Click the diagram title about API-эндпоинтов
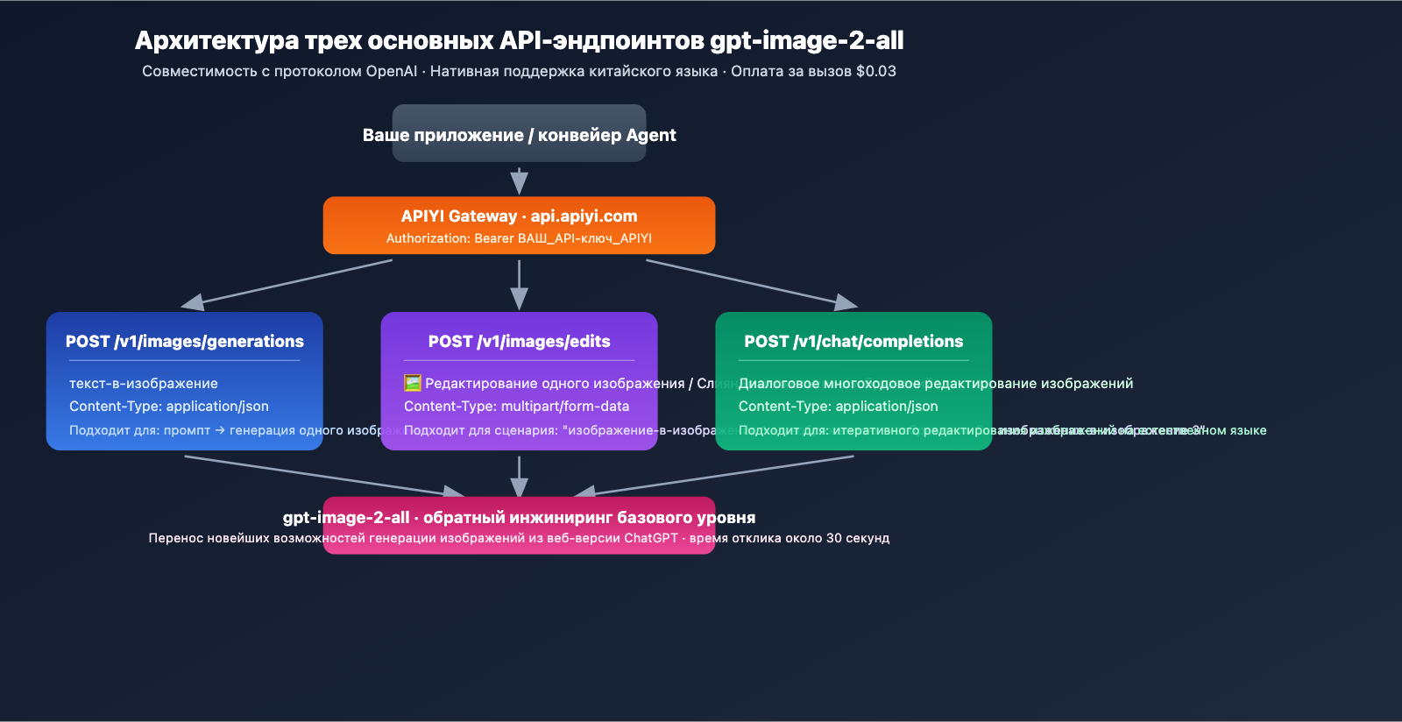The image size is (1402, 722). pos(519,40)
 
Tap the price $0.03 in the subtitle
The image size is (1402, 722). pos(875,71)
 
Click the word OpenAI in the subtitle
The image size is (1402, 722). pos(391,71)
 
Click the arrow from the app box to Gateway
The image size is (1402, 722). pos(519,180)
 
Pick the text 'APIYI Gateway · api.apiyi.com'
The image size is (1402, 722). pos(519,216)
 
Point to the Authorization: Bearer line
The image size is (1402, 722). pos(519,238)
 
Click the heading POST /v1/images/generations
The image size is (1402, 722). pos(184,342)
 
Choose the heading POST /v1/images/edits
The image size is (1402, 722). pos(519,342)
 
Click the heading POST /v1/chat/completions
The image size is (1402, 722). pos(853,342)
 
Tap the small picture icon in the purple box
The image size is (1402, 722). pos(412,383)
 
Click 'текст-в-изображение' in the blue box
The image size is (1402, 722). pos(144,383)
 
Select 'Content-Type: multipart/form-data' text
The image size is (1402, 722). pos(516,407)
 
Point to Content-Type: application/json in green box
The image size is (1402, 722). pos(838,407)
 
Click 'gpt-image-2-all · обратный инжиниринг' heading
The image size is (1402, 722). pos(519,517)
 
